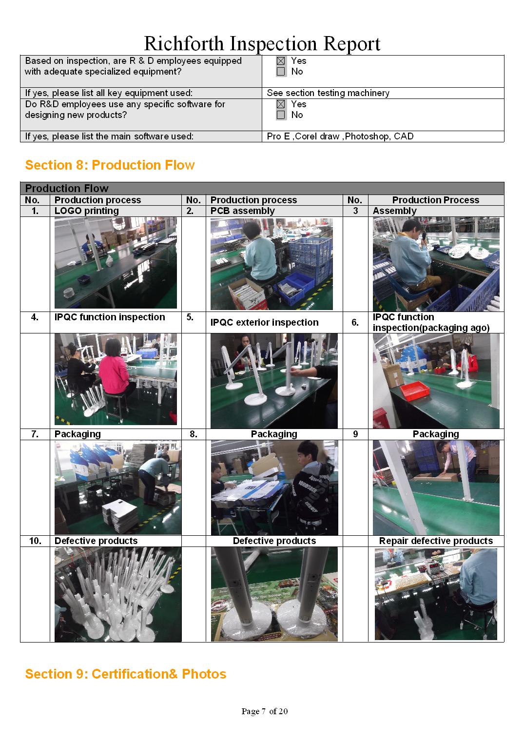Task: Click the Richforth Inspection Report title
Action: pos(262,43)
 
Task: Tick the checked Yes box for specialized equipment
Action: pos(281,61)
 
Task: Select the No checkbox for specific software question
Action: pos(281,115)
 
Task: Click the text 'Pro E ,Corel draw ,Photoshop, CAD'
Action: pos(340,136)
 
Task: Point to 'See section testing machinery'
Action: pos(328,93)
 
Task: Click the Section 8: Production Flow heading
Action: pos(110,165)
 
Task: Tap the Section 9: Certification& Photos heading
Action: pos(125,674)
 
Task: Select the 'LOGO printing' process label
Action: pos(86,211)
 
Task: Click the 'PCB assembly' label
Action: pos(242,211)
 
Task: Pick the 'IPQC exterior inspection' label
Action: pos(264,322)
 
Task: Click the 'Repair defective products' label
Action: pos(436,541)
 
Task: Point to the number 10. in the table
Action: pos(35,541)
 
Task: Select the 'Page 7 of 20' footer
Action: pos(264,711)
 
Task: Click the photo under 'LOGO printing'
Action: pos(116,263)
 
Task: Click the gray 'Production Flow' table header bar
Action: pos(262,188)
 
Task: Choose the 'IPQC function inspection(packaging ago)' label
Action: pos(430,322)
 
